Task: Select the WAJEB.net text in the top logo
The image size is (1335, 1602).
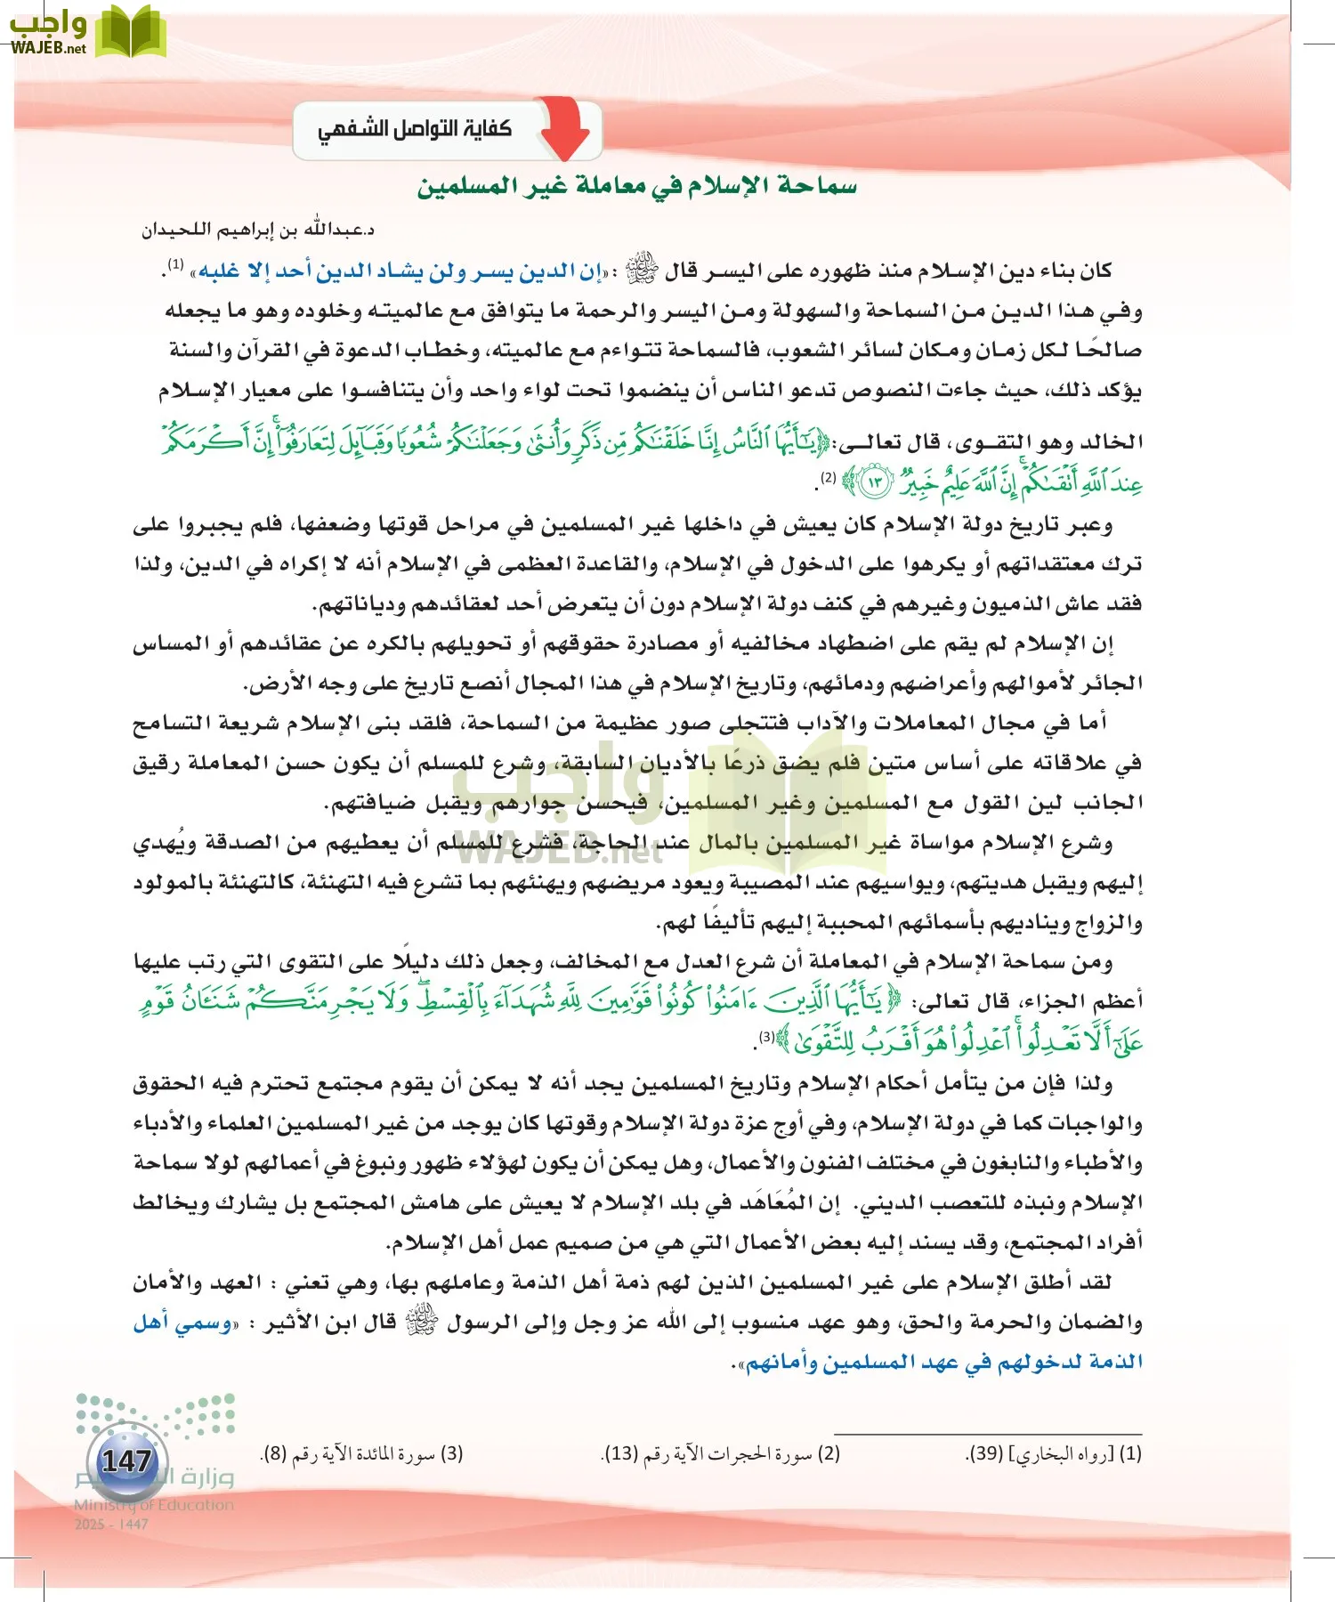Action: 48,48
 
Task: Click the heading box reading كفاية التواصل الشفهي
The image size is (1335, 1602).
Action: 416,129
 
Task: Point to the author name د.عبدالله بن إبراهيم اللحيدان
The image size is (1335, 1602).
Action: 258,230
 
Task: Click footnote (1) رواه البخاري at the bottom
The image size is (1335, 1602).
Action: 1054,1453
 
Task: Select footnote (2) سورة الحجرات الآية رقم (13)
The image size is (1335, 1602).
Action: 721,1453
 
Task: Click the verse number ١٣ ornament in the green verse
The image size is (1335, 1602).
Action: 874,482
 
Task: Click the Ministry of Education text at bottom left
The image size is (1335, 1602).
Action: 153,1505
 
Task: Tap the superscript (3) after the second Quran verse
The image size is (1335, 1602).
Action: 766,1037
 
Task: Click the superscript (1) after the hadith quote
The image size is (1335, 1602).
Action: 176,264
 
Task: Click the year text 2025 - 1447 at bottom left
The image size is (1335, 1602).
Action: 111,1524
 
